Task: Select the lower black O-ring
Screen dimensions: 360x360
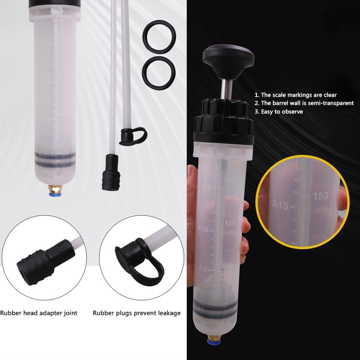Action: [x=158, y=71]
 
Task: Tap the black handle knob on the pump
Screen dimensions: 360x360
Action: [x=228, y=58]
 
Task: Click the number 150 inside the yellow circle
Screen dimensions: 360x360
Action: [x=320, y=196]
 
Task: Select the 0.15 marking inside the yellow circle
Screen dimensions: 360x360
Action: [x=280, y=205]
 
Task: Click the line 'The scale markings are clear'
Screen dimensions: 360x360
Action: [x=295, y=95]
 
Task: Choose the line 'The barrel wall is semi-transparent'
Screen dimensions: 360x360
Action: [x=304, y=103]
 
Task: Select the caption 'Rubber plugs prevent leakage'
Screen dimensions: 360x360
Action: [x=137, y=313]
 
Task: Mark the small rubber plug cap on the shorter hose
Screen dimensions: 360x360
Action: [x=133, y=136]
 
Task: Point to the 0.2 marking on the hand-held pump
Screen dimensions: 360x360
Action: [x=206, y=186]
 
